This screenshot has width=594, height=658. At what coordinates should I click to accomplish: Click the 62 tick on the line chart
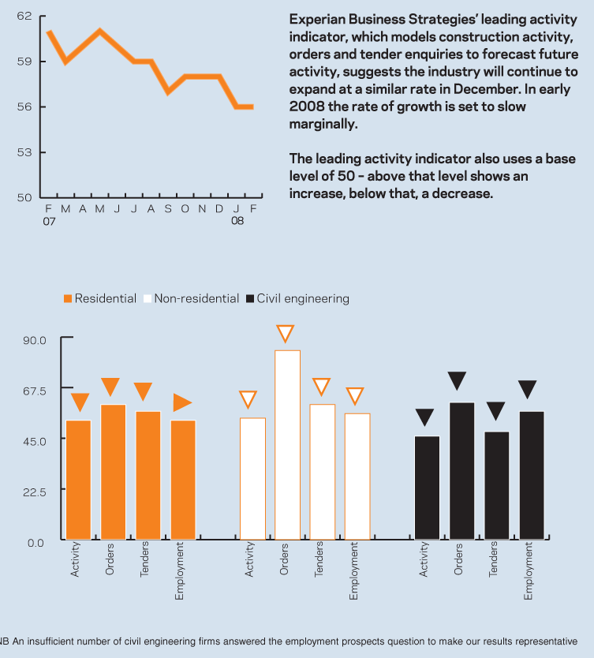[24, 16]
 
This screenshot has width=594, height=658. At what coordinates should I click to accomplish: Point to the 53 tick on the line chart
[24, 152]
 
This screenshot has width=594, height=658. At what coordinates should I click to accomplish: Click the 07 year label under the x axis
[49, 222]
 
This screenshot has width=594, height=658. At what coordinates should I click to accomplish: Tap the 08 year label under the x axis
[237, 222]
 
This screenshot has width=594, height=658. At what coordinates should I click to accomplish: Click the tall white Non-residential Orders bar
[287, 445]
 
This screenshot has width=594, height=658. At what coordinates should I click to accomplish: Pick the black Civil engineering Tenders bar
[496, 485]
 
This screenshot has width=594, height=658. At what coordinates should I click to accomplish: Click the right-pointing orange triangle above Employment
[182, 402]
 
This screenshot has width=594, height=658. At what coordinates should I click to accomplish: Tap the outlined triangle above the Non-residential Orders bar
[286, 334]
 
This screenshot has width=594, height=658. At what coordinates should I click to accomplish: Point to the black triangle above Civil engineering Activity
[425, 417]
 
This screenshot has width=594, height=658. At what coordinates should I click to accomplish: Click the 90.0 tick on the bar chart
[38, 340]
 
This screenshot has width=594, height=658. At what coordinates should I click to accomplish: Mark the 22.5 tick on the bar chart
[38, 492]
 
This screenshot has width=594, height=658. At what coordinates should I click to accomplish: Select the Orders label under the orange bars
[110, 558]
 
